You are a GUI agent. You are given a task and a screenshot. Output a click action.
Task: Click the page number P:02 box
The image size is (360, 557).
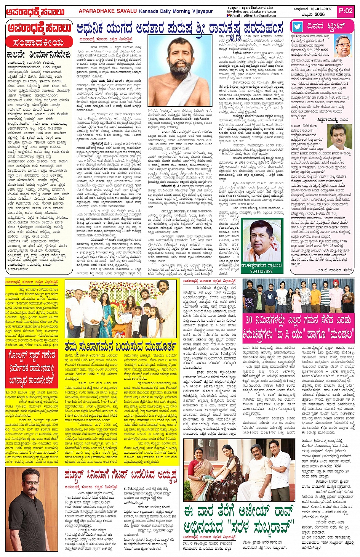coord(346,11)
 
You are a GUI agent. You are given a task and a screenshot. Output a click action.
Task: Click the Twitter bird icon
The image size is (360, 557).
coord(297,27)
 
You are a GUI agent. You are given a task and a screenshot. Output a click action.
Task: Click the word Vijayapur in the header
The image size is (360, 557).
coord(202,11)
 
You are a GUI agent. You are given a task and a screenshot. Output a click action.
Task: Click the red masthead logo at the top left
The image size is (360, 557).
coord(35,12)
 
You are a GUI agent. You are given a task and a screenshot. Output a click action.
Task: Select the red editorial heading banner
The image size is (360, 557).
coord(39,42)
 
